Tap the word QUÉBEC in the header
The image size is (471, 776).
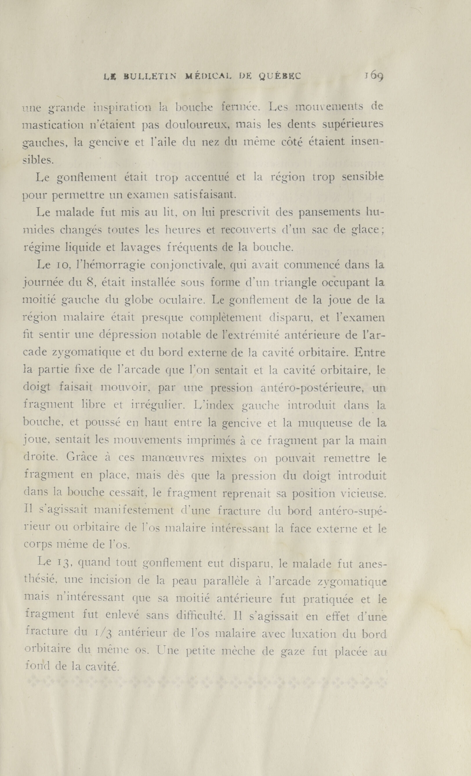[280, 76]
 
